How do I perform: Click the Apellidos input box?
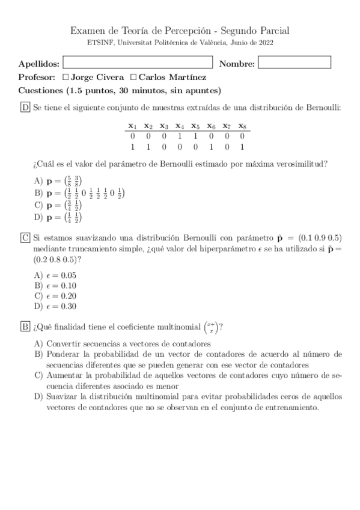(138, 63)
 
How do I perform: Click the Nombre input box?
(294, 63)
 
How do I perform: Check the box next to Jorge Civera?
(66, 77)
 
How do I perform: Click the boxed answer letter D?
(25, 108)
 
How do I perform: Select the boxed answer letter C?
(25, 238)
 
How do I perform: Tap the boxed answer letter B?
(25, 327)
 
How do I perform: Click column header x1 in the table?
(133, 126)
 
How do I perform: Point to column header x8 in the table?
(242, 126)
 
